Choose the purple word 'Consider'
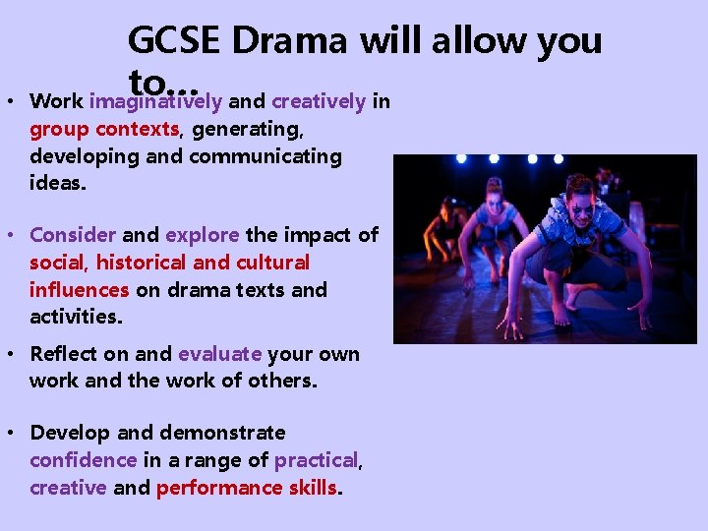pos(73,235)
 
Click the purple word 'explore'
pos(202,235)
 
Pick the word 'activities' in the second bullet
pos(72,317)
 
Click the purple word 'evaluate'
pos(219,354)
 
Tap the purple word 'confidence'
pos(83,459)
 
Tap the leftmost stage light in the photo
pos(461,158)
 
